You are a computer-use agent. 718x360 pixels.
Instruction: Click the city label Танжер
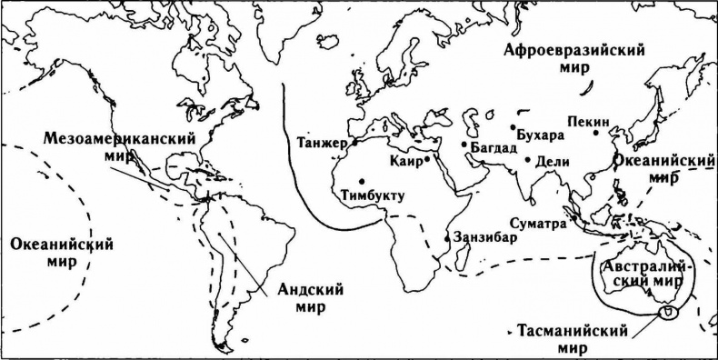click(321, 143)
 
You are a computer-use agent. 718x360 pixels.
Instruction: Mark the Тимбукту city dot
click(363, 179)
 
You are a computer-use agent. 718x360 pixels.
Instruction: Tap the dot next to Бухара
click(514, 127)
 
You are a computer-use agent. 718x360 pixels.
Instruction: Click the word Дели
click(552, 161)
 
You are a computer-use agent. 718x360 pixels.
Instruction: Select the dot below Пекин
click(596, 133)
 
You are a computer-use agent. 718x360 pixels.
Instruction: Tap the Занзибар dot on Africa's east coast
click(446, 238)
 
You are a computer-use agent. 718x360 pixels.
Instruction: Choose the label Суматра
click(537, 222)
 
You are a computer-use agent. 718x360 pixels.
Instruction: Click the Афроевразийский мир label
click(574, 59)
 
